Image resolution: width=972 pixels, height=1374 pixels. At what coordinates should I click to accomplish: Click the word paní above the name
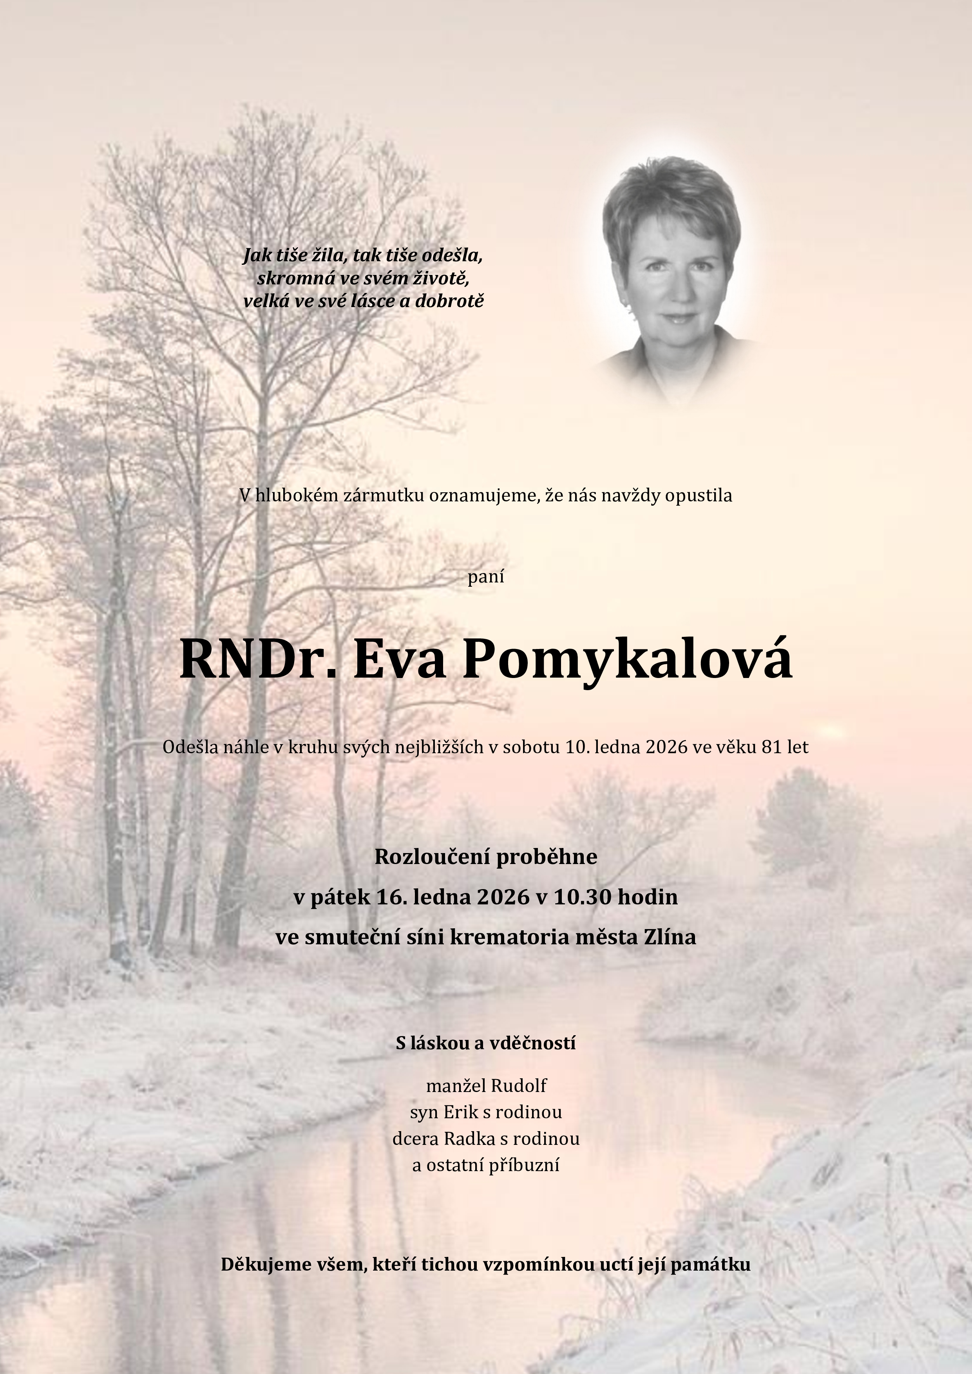pyautogui.click(x=485, y=577)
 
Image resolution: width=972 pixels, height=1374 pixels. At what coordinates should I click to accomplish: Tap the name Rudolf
pyautogui.click(x=519, y=1086)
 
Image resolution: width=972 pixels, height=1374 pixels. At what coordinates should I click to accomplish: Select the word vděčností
pyautogui.click(x=533, y=1043)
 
